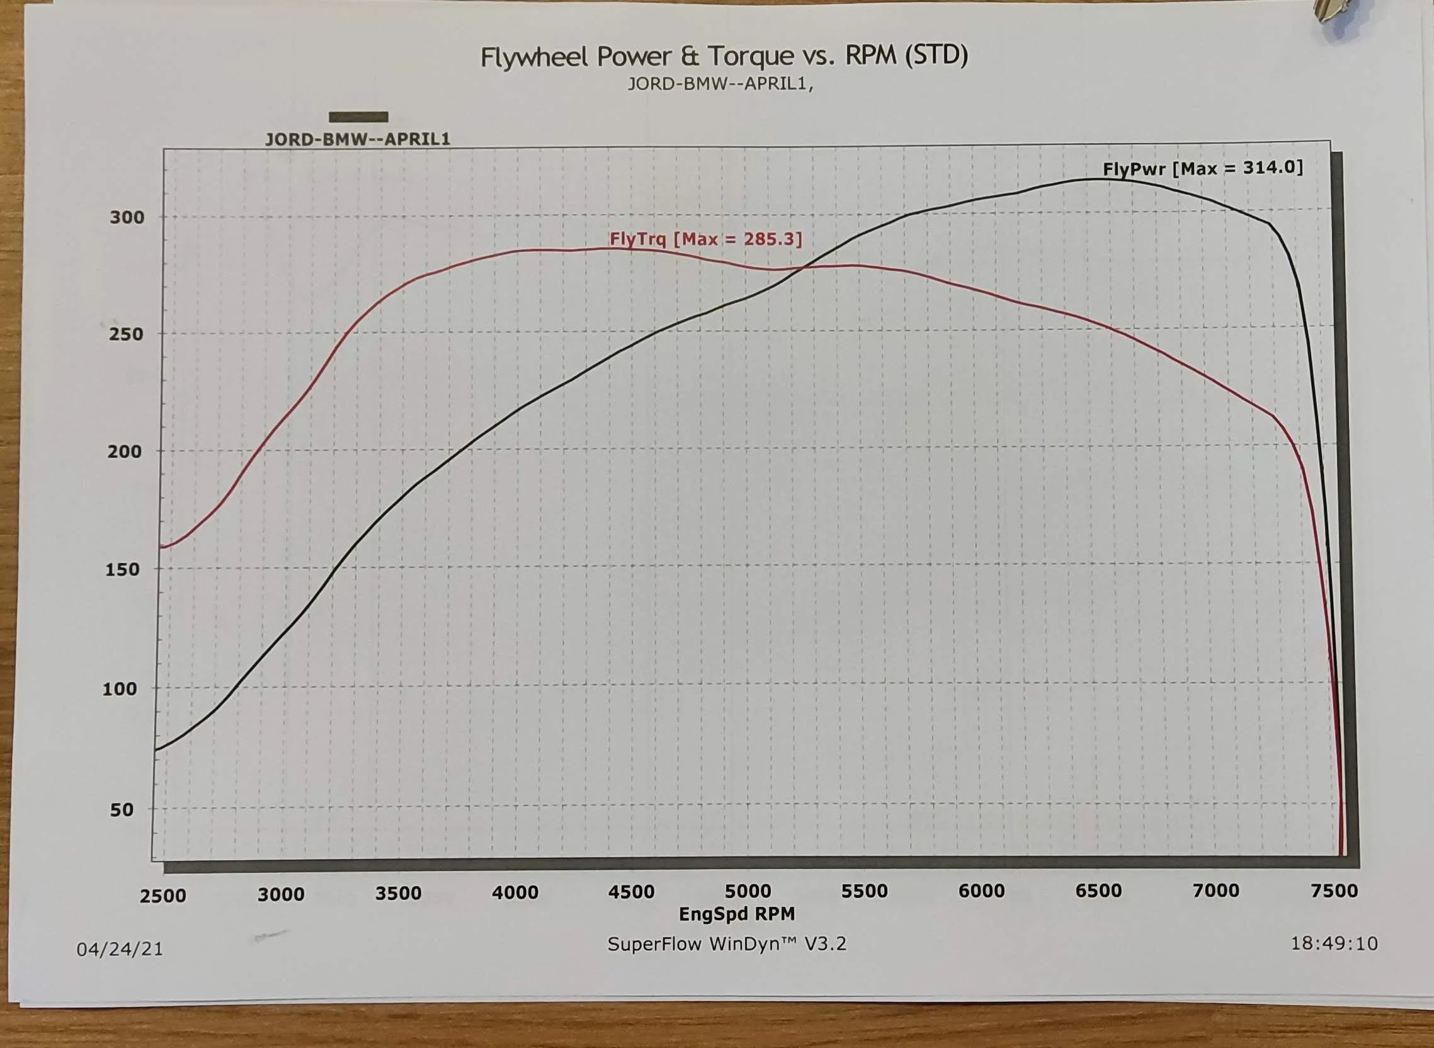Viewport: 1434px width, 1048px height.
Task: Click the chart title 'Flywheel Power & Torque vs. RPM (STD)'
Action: coord(724,57)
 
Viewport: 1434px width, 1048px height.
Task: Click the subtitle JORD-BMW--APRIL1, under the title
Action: coord(720,84)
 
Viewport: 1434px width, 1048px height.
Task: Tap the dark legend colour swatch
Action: coord(358,117)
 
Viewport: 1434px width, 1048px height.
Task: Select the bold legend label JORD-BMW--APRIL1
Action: coord(358,139)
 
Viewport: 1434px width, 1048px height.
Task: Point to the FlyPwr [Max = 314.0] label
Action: coord(1203,169)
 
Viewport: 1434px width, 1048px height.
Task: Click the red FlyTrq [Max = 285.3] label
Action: coord(706,239)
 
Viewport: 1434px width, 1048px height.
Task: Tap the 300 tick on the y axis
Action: coord(127,217)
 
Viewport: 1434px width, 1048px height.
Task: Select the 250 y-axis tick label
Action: coord(126,334)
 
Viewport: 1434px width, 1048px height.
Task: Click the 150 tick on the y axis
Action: coord(122,569)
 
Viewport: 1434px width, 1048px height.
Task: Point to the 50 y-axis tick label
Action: coord(122,809)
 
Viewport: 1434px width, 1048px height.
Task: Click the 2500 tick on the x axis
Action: coord(163,896)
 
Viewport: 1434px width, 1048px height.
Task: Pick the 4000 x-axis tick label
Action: coord(515,892)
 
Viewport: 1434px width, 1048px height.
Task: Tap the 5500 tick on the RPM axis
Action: coord(865,891)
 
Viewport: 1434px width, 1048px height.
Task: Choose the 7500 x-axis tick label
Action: coord(1334,891)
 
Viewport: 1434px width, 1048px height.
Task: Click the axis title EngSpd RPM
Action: coord(736,914)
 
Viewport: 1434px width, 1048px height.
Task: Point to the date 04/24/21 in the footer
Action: coord(120,949)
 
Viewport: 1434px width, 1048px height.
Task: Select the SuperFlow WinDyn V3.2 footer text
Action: coord(727,944)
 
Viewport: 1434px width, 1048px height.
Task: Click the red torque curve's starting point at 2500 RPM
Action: coord(160,547)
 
